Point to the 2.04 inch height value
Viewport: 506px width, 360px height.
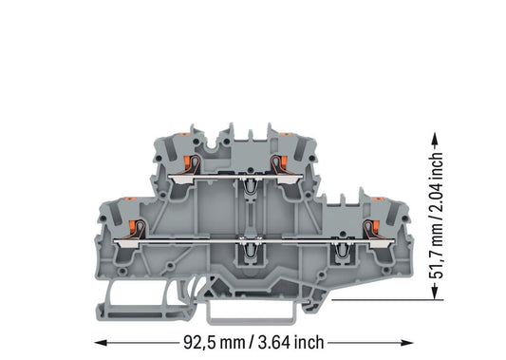(436, 180)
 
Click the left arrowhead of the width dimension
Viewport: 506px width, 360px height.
(101, 343)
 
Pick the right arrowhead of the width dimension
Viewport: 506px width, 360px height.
(406, 343)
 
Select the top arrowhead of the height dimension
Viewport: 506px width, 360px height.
(435, 139)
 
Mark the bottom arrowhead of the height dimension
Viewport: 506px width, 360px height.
(435, 293)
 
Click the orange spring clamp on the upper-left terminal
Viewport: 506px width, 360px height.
(186, 161)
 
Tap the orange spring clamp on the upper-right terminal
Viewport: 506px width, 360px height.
(284, 161)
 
